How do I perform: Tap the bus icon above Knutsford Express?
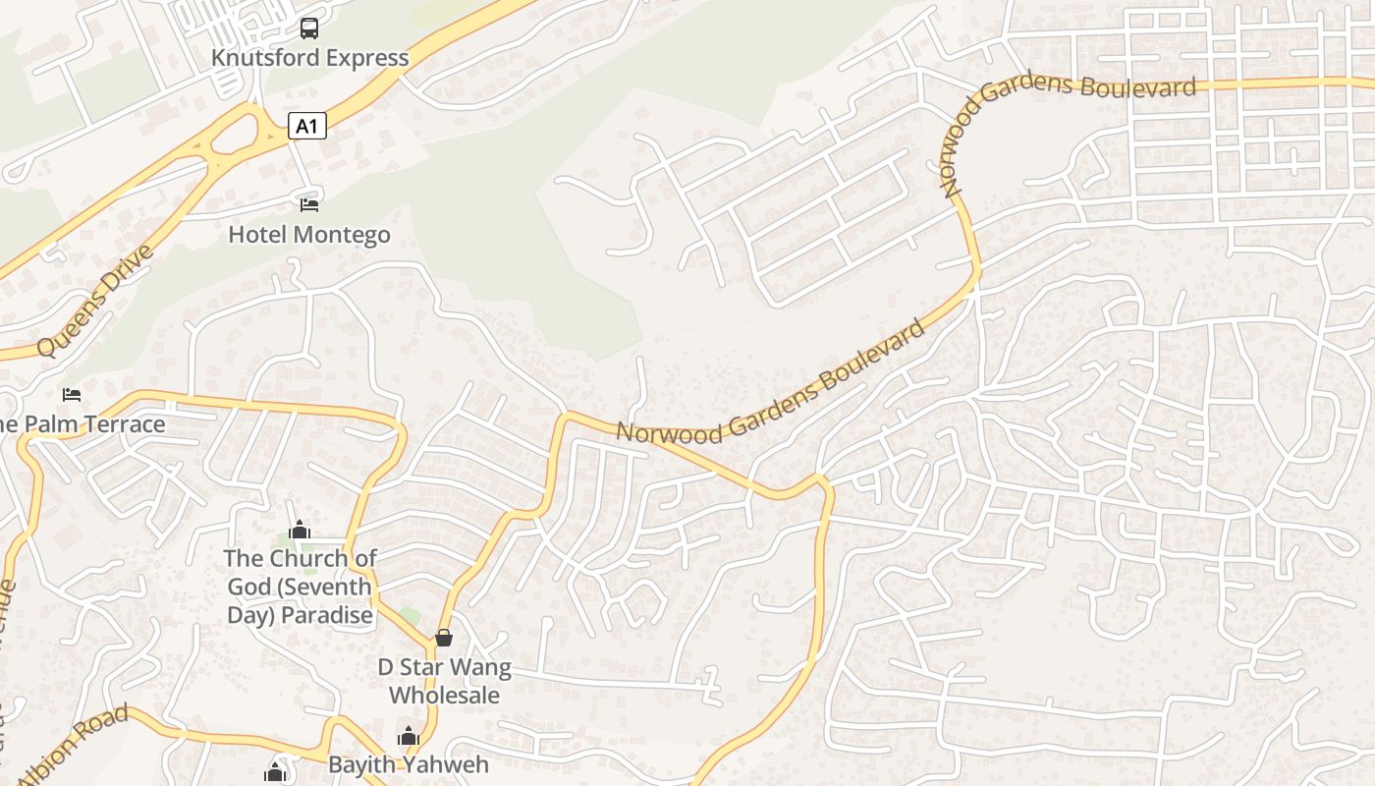tap(309, 28)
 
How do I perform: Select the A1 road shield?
tap(307, 126)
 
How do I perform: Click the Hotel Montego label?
tap(309, 235)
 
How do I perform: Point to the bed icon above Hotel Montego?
tap(309, 204)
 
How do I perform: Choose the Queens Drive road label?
tap(95, 301)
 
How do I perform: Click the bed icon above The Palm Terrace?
tap(72, 395)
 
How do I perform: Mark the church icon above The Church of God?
tap(300, 531)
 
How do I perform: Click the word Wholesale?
tap(445, 696)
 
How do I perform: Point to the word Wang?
tap(478, 668)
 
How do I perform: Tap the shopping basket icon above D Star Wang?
tap(444, 638)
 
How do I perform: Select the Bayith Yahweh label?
tap(408, 764)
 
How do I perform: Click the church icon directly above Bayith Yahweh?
tap(408, 736)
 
